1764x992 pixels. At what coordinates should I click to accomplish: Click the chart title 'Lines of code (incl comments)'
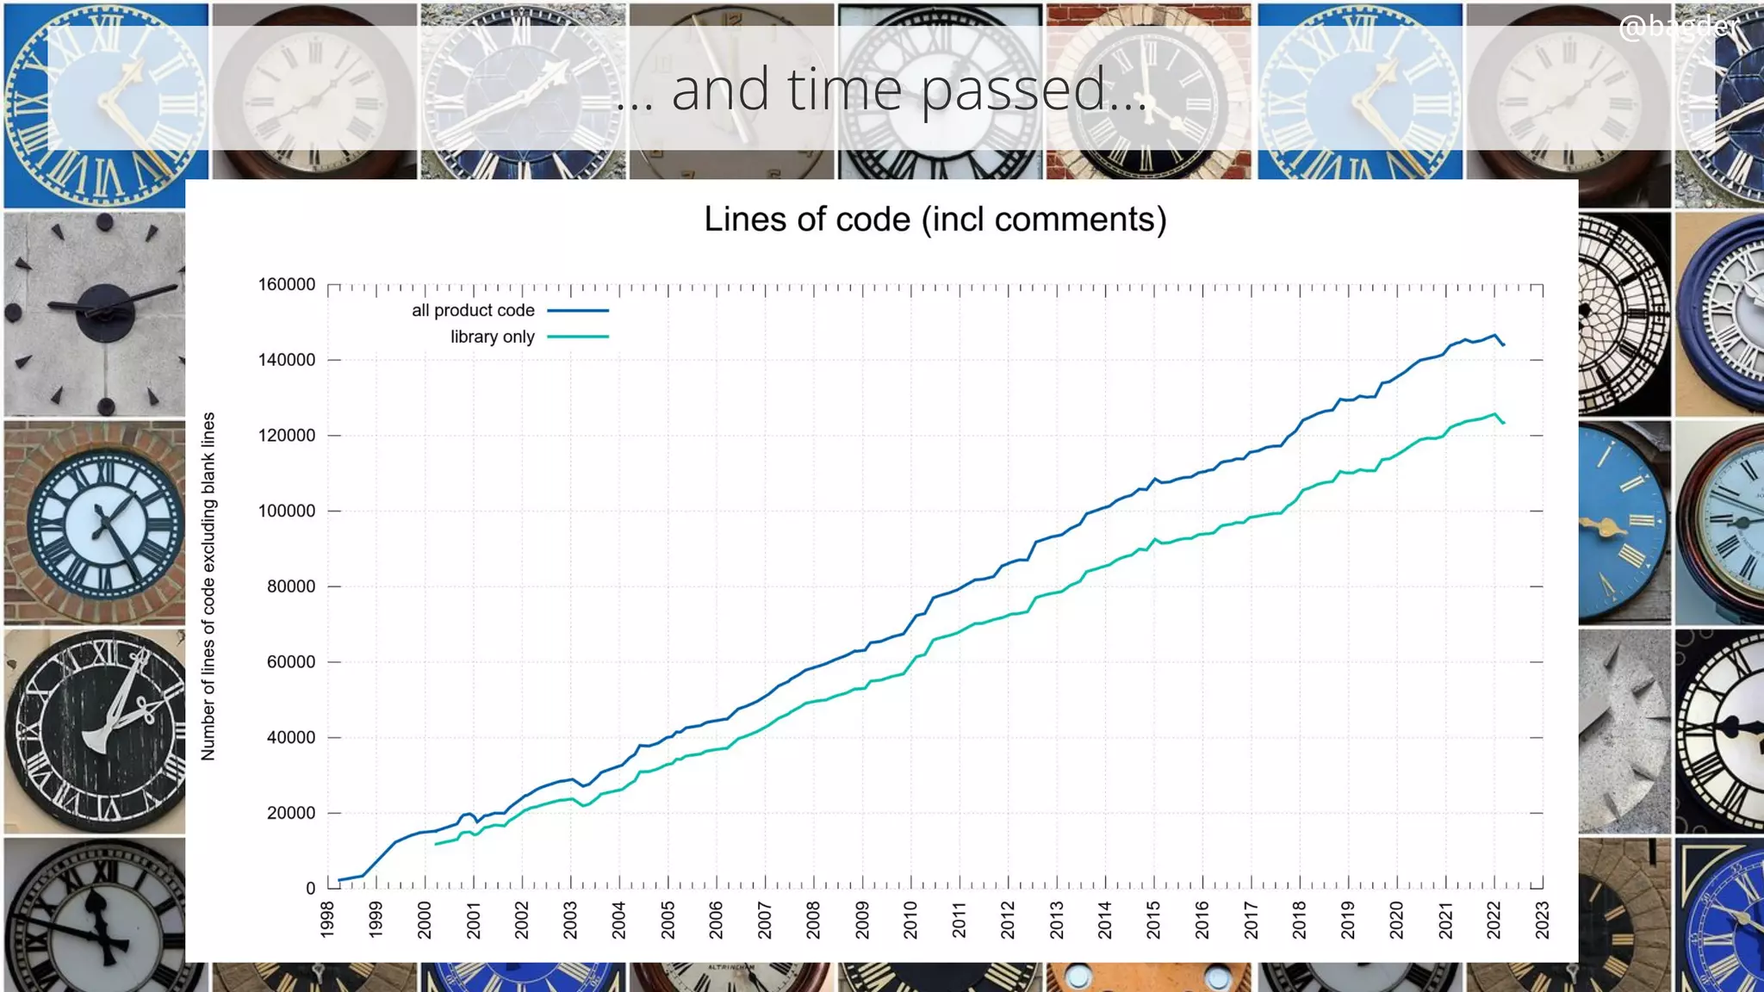pos(935,220)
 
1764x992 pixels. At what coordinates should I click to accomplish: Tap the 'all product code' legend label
pos(473,310)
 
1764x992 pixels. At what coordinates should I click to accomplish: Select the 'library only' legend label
pos(492,337)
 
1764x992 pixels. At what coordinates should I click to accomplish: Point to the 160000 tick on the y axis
pos(287,284)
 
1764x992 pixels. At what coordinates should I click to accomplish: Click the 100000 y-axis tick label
pos(287,511)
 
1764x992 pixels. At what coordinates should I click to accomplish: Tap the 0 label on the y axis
pos(310,889)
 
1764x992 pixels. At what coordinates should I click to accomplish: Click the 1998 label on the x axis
pos(327,920)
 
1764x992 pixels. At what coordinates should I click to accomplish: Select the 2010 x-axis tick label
pos(910,920)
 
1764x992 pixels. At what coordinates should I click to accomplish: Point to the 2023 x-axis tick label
pos(1542,920)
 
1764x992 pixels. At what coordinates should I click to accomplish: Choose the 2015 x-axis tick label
pos(1153,920)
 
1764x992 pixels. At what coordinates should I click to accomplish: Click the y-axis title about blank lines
pos(208,586)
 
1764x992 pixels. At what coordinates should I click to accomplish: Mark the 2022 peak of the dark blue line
pos(1495,335)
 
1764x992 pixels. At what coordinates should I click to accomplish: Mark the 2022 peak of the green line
pos(1495,413)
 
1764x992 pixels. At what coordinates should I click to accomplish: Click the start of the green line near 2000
pos(437,844)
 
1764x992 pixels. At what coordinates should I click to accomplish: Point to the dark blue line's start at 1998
pos(339,880)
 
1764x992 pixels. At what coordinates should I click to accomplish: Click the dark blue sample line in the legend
pos(578,310)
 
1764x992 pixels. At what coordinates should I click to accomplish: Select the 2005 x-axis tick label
pos(668,920)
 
